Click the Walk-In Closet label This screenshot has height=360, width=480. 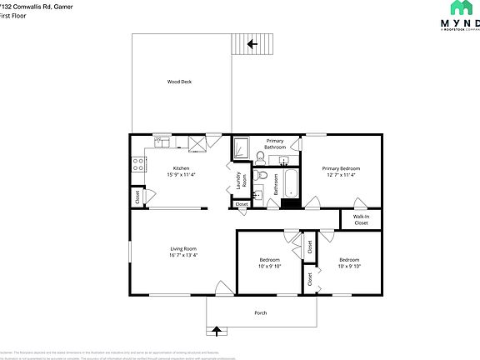click(361, 220)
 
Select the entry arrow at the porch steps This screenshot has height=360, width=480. click(217, 331)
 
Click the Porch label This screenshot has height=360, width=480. click(261, 312)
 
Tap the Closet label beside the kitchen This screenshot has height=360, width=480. click(137, 197)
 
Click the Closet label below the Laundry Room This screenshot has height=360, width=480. click(242, 204)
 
